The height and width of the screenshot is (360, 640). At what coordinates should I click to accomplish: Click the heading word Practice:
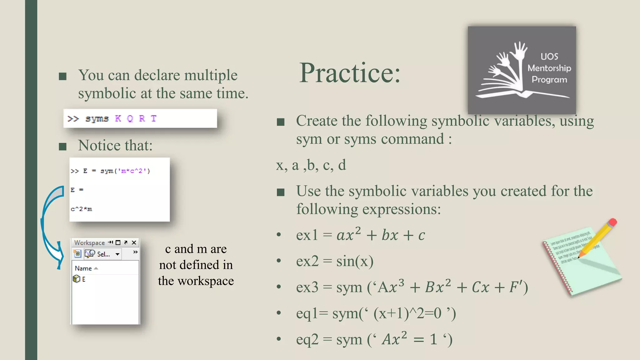click(349, 73)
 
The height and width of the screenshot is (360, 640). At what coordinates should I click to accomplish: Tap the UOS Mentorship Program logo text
click(549, 68)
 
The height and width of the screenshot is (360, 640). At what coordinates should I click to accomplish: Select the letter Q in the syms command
click(130, 119)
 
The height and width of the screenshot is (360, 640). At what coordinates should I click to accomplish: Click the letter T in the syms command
click(153, 119)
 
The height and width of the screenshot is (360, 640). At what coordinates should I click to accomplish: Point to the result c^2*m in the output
click(81, 209)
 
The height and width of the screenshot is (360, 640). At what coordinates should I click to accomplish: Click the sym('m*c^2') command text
click(125, 171)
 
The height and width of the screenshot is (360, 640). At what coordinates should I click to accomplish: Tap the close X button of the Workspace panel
click(134, 242)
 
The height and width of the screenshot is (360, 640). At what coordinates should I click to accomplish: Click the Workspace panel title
click(89, 243)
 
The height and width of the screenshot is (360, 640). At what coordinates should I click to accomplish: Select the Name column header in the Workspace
click(83, 268)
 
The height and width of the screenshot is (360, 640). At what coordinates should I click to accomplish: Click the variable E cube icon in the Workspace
click(76, 279)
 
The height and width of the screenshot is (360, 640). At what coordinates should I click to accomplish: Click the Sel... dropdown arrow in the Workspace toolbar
click(117, 254)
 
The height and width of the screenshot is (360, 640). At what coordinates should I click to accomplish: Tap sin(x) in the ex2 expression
click(355, 261)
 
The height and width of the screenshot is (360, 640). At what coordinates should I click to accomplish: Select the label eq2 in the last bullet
click(307, 340)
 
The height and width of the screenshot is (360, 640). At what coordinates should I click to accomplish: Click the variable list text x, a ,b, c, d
click(311, 165)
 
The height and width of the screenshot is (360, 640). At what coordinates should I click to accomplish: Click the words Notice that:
click(115, 146)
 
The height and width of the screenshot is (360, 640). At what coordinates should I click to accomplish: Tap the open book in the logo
click(522, 93)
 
